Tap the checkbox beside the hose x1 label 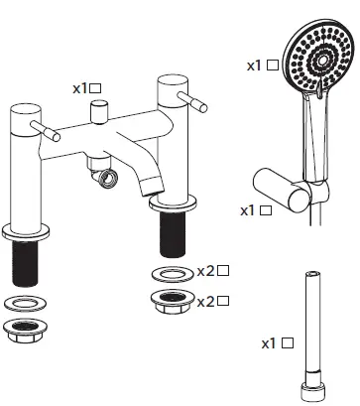pos(288,343)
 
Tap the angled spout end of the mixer pos(151,185)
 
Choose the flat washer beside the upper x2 pos(173,272)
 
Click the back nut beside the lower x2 pos(172,301)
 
